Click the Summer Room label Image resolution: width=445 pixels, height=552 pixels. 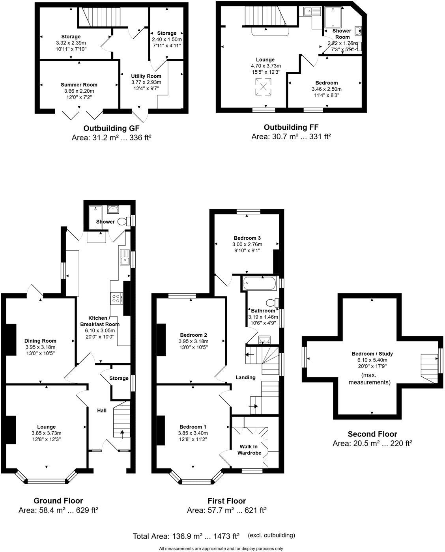[79, 85]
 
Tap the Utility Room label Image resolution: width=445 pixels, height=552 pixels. [146, 76]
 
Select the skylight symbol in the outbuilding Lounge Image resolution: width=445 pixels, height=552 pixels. [263, 86]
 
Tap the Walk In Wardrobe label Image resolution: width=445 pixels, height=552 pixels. [249, 449]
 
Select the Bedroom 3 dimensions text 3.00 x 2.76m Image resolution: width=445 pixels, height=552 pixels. [247, 244]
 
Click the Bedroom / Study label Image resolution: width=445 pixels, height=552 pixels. [372, 354]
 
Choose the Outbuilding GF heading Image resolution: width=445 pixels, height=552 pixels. [111, 129]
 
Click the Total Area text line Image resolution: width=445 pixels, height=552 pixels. [186, 536]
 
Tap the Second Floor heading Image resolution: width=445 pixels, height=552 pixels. [372, 434]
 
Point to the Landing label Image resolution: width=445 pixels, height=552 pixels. [245, 377]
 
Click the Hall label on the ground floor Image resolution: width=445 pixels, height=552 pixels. [102, 410]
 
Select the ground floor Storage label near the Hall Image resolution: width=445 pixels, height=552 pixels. [119, 378]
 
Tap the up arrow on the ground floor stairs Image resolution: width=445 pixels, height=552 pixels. [122, 434]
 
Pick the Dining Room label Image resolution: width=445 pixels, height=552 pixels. [40, 341]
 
